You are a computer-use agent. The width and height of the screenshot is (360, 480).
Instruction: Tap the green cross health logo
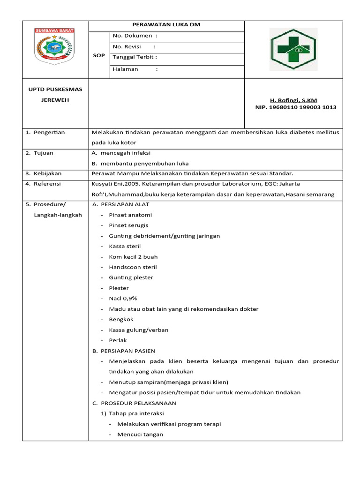click(x=293, y=49)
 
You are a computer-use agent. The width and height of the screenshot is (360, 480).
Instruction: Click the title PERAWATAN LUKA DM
click(x=166, y=25)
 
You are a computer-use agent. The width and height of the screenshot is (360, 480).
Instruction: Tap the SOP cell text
click(x=99, y=55)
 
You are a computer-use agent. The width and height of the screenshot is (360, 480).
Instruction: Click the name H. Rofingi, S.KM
click(x=293, y=100)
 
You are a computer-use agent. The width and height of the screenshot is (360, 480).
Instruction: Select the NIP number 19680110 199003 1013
click(x=295, y=107)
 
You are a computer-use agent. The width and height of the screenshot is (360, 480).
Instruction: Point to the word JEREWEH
click(x=55, y=100)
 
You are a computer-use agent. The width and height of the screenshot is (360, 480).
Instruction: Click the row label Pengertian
click(x=49, y=132)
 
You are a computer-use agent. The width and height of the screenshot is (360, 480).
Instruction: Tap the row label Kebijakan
click(x=47, y=173)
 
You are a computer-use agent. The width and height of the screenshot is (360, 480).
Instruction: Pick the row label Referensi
click(x=47, y=184)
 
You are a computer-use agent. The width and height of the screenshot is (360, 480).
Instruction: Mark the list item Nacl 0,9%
click(x=123, y=299)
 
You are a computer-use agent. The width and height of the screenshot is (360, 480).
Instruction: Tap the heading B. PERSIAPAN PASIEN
click(x=123, y=351)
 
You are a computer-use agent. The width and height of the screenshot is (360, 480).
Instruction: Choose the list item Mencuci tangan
click(x=140, y=435)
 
